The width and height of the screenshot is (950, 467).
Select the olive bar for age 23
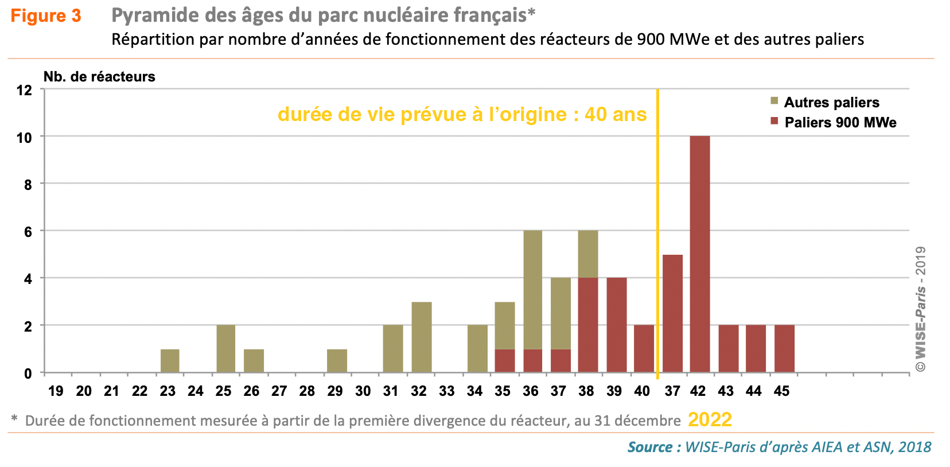170,361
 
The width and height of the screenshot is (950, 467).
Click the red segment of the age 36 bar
532,361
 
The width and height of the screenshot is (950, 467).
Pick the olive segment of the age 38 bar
588,254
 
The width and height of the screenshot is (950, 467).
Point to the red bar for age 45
784,349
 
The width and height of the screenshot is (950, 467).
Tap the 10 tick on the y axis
24,138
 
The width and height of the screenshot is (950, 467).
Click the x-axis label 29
335,391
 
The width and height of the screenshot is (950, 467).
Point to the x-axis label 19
56,391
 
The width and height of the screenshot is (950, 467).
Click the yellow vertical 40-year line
657,229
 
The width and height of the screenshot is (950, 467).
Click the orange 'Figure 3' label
46,16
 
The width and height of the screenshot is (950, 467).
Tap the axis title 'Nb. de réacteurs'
99,76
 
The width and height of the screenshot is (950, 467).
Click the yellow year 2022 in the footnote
710,420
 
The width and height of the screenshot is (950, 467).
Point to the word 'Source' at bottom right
650,447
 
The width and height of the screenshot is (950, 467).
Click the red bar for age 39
616,325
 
